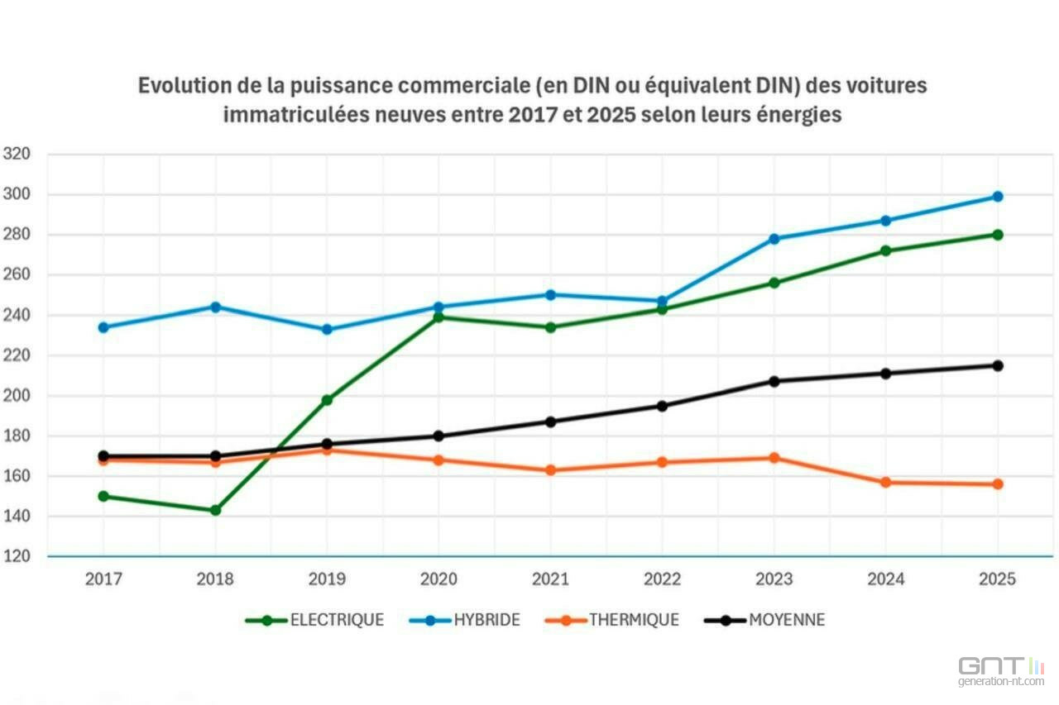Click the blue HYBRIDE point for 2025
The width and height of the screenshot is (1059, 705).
(998, 197)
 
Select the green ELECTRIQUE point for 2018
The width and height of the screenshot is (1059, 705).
(215, 510)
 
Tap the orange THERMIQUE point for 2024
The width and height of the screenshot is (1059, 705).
(886, 482)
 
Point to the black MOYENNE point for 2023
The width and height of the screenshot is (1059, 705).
(774, 381)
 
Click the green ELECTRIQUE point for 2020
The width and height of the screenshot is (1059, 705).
(438, 317)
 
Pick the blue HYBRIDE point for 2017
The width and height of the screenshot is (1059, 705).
(103, 327)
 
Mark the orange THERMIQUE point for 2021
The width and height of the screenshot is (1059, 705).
(550, 470)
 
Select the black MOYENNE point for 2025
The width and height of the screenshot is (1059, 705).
(998, 365)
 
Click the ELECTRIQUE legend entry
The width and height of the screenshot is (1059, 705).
(314, 620)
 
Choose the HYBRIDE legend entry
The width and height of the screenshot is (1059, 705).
(465, 620)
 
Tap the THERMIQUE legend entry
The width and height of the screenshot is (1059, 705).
(612, 620)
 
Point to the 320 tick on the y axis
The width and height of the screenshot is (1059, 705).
(17, 154)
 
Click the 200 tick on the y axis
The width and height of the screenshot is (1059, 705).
(17, 395)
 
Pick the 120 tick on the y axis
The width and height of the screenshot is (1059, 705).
(17, 556)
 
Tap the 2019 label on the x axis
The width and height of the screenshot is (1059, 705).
(327, 579)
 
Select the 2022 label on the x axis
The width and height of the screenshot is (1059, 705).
(662, 579)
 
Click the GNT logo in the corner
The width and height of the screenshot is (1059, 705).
(1001, 671)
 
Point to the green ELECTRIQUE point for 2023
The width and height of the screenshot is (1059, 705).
(774, 283)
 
